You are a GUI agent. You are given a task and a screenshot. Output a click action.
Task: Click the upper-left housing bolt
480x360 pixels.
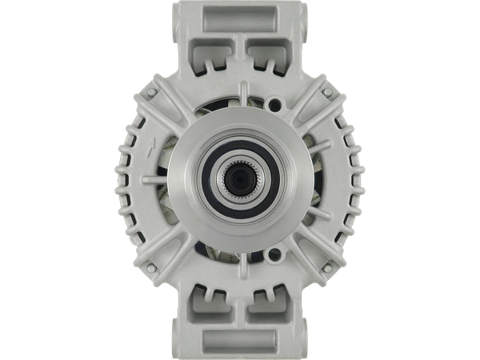coord(150,94)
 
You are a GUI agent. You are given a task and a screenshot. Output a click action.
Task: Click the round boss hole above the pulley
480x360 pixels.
coord(276,103)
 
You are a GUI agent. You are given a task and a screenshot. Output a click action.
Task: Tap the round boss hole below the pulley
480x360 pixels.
coord(276,255)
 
